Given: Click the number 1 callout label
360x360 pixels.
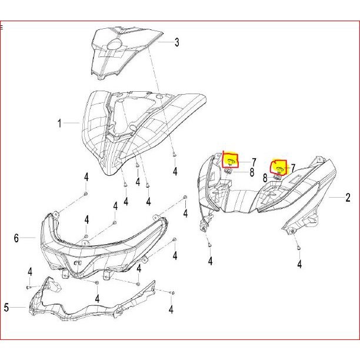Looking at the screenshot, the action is pos(59,124).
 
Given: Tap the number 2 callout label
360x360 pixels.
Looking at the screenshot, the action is pos(348,198).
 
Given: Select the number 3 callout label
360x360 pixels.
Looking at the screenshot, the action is pos(176,42).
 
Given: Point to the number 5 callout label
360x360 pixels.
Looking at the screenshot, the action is pos(6,307).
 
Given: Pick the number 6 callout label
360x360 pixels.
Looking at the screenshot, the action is pos(16,238).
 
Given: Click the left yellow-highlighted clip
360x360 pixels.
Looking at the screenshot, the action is pos(231,159).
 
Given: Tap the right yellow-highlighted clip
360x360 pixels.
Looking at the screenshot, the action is pos(279,168).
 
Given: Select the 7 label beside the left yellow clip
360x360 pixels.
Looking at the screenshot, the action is pos(254,162).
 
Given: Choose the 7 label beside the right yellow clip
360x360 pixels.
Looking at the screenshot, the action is pos(292,169).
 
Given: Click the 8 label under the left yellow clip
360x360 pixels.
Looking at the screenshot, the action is pos(252,172).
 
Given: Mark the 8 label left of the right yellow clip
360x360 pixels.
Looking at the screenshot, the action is pos(265,177).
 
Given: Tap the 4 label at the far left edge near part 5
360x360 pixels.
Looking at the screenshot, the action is pos(29,271).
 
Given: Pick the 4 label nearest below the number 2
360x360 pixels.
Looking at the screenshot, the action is pos(299,265).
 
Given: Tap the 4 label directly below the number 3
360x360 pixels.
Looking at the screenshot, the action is pos(175,171).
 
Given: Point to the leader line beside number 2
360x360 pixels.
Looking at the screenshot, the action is pos(335,198).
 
